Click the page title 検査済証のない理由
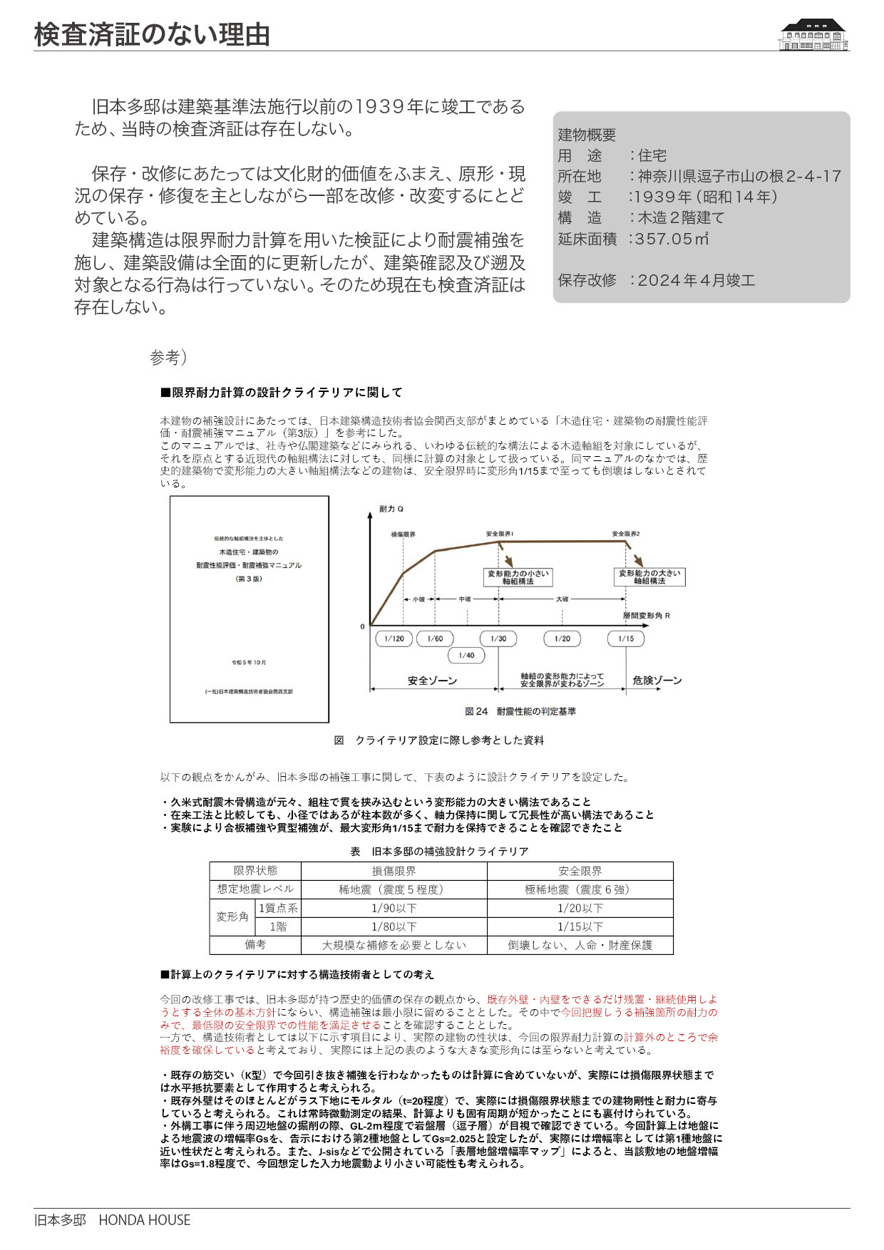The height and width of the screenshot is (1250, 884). click(x=152, y=34)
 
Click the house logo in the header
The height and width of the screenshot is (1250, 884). click(x=813, y=35)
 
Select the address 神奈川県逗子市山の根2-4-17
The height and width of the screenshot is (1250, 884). click(x=739, y=176)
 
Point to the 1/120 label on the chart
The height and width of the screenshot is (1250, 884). click(x=394, y=639)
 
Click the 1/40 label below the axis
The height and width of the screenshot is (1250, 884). click(x=466, y=655)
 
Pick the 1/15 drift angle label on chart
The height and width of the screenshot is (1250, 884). click(x=625, y=639)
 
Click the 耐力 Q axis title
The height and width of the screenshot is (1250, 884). click(x=391, y=509)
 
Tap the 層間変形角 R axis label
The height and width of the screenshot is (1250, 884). click(x=647, y=615)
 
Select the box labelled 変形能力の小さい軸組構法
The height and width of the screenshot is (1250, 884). click(x=518, y=577)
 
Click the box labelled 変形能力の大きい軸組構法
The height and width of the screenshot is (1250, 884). click(x=649, y=577)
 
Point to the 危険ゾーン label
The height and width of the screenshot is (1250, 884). click(x=657, y=681)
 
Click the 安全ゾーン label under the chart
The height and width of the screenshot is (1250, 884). click(x=432, y=681)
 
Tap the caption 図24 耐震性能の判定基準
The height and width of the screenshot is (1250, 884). click(x=520, y=711)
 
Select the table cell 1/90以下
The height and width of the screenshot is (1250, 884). click(x=394, y=908)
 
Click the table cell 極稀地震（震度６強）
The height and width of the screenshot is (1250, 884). click(x=580, y=889)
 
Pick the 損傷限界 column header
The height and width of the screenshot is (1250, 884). click(x=394, y=871)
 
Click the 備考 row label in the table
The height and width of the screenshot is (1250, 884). click(x=255, y=945)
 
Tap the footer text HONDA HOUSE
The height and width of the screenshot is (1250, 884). click(x=145, y=1220)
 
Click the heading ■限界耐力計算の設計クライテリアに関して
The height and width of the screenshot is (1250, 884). click(x=282, y=393)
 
